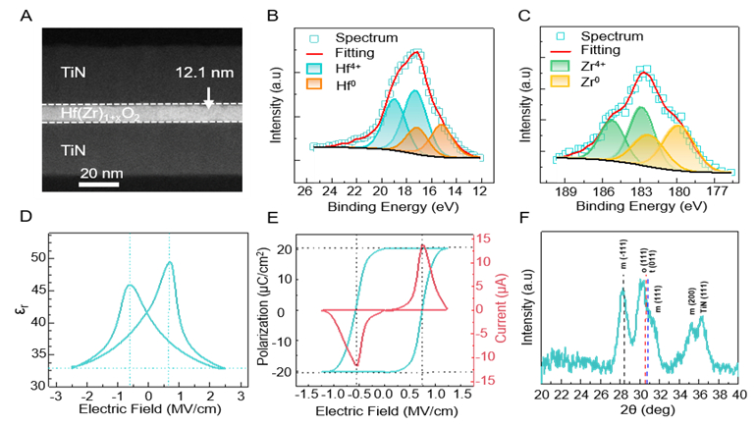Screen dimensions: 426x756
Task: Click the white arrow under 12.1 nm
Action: [208, 97]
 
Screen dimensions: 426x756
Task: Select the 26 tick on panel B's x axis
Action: [303, 192]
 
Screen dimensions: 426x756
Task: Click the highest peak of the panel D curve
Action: [169, 262]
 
